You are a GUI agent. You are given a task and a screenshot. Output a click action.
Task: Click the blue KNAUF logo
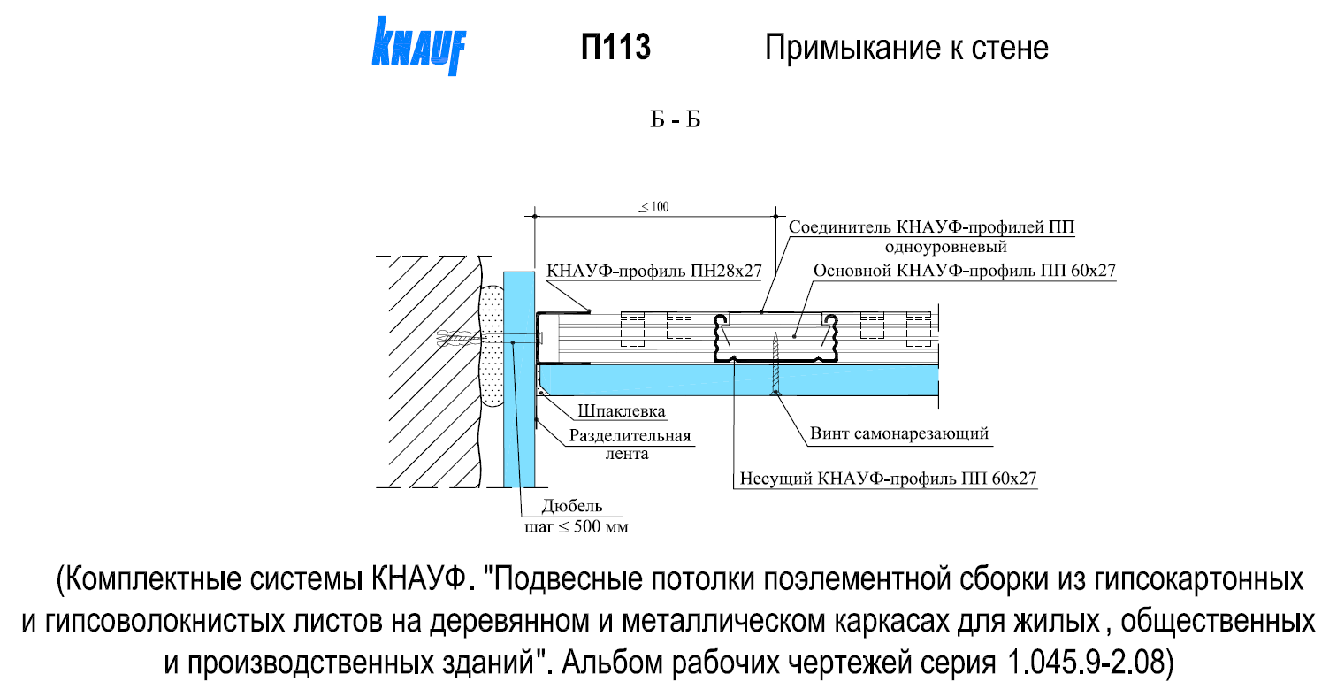coord(418,46)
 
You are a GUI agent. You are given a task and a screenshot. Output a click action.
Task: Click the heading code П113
coord(615,47)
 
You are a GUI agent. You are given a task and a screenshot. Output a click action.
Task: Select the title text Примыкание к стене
coord(906,48)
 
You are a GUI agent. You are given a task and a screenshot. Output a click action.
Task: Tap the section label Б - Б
coord(675,120)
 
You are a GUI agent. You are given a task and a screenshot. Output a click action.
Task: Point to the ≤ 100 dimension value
coord(654,207)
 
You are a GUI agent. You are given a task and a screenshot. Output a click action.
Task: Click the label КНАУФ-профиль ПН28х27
coord(654,272)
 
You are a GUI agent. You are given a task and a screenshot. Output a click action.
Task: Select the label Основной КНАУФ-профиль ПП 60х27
coord(964,271)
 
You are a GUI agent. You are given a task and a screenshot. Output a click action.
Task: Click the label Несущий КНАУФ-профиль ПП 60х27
coord(888,479)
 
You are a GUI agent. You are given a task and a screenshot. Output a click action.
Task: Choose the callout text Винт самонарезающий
coord(899,433)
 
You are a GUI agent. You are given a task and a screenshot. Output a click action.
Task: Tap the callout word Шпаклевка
coord(622,411)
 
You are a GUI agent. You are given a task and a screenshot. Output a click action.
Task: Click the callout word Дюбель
coord(572,506)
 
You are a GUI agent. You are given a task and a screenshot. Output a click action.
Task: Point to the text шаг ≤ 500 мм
coord(576,527)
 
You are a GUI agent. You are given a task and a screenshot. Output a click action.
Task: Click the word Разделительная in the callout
coord(630,435)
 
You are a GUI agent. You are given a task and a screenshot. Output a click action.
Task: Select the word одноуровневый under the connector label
coord(946,247)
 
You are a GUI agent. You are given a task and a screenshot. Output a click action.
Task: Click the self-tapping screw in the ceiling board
coord(775,364)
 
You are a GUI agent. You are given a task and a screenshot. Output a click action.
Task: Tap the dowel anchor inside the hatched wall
coord(458,340)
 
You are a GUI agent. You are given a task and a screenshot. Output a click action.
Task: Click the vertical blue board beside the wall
coord(519,379)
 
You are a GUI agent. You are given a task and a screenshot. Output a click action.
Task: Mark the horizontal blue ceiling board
coord(739,380)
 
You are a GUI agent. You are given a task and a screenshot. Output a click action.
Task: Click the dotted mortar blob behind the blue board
coord(492,347)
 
